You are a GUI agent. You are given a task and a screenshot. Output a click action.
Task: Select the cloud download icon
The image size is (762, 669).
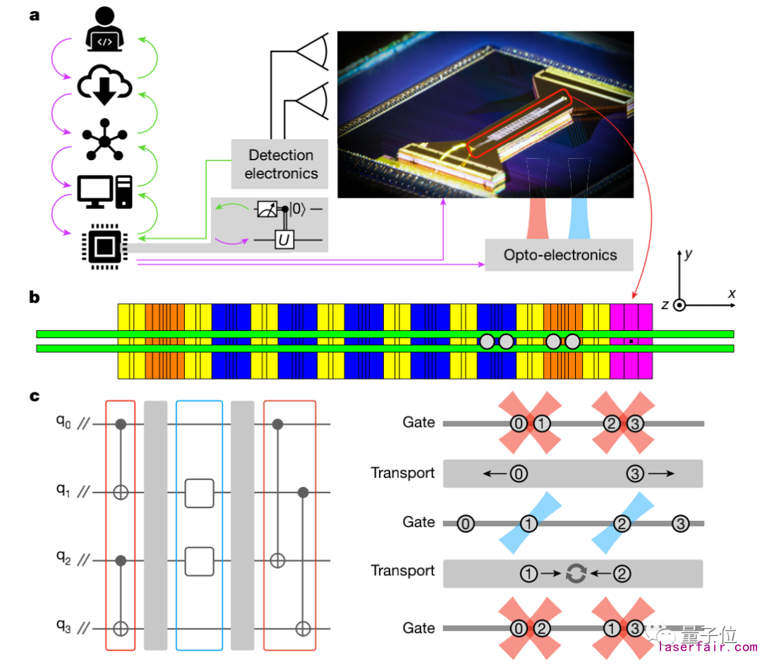(104, 83)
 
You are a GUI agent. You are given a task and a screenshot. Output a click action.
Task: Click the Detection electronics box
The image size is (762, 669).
(281, 164)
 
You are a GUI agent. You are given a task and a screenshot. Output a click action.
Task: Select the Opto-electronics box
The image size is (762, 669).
(560, 255)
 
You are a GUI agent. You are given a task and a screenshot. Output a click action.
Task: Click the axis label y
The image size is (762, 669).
(688, 255)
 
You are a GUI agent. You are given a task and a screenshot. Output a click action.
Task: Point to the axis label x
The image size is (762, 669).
(732, 293)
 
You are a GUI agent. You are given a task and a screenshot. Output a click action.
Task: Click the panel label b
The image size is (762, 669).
(34, 299)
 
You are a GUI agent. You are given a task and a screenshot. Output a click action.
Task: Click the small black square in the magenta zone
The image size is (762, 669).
(631, 342)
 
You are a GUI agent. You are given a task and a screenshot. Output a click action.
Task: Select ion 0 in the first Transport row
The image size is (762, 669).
(519, 474)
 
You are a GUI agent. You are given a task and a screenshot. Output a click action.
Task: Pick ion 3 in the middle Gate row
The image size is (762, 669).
(679, 524)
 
